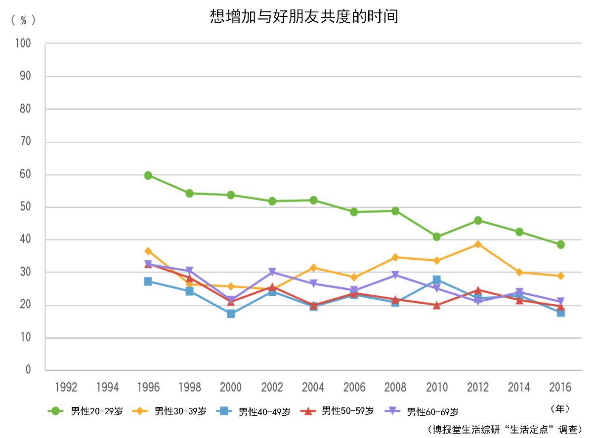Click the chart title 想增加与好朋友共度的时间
304,16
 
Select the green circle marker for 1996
148,175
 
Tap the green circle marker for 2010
436,237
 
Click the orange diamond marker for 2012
478,244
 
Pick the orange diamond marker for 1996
148,251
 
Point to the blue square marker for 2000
231,314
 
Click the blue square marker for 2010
436,280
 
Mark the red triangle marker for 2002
272,287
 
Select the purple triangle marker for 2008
395,275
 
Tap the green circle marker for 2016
560,244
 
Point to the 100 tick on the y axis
23,43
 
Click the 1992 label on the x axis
66,387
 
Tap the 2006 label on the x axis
354,387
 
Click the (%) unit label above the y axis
23,20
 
